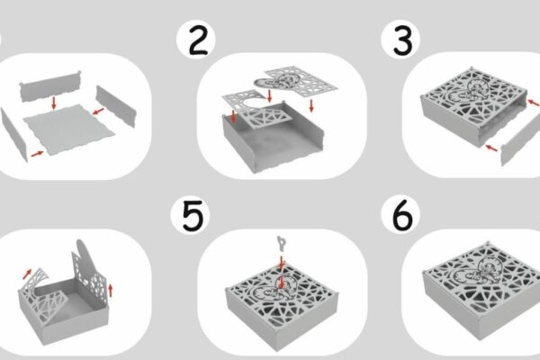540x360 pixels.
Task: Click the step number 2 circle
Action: [x=196, y=39]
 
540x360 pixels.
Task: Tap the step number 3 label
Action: [x=400, y=39]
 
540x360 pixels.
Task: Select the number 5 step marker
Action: [x=190, y=215]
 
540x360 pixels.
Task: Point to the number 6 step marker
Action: [x=400, y=214]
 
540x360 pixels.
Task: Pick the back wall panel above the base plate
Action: [x=50, y=86]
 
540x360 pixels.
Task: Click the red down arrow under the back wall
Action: [x=53, y=103]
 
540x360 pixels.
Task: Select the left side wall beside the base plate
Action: [x=13, y=134]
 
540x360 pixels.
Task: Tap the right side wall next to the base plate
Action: [x=116, y=106]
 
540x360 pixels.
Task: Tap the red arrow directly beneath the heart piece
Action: [x=270, y=96]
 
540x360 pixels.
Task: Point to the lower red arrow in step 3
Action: [x=491, y=148]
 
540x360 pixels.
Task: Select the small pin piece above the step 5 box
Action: [x=282, y=244]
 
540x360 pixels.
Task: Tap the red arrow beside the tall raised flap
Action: [x=110, y=290]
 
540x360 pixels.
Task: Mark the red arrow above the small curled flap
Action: [x=27, y=274]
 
